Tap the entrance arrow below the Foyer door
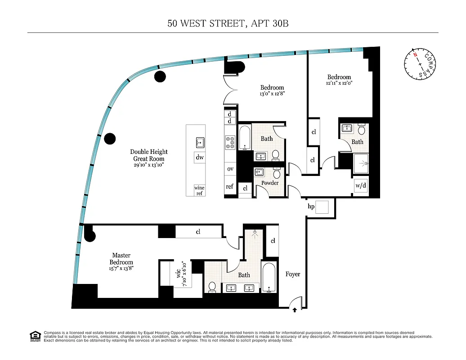(x=295, y=310)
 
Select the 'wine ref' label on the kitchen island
(x=199, y=190)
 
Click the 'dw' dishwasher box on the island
(x=200, y=157)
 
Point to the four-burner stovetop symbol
(x=230, y=143)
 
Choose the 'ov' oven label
(x=230, y=169)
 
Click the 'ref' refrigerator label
(x=230, y=186)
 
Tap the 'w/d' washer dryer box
(x=361, y=185)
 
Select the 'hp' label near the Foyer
(x=311, y=207)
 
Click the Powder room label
(x=270, y=183)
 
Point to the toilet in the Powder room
(x=277, y=173)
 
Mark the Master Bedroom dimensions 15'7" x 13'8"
(x=121, y=268)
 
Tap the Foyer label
(x=293, y=274)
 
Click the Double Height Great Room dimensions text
(x=148, y=165)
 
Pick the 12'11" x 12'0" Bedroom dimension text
(x=339, y=83)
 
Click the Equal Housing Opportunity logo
(x=35, y=336)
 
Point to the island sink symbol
(x=200, y=143)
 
